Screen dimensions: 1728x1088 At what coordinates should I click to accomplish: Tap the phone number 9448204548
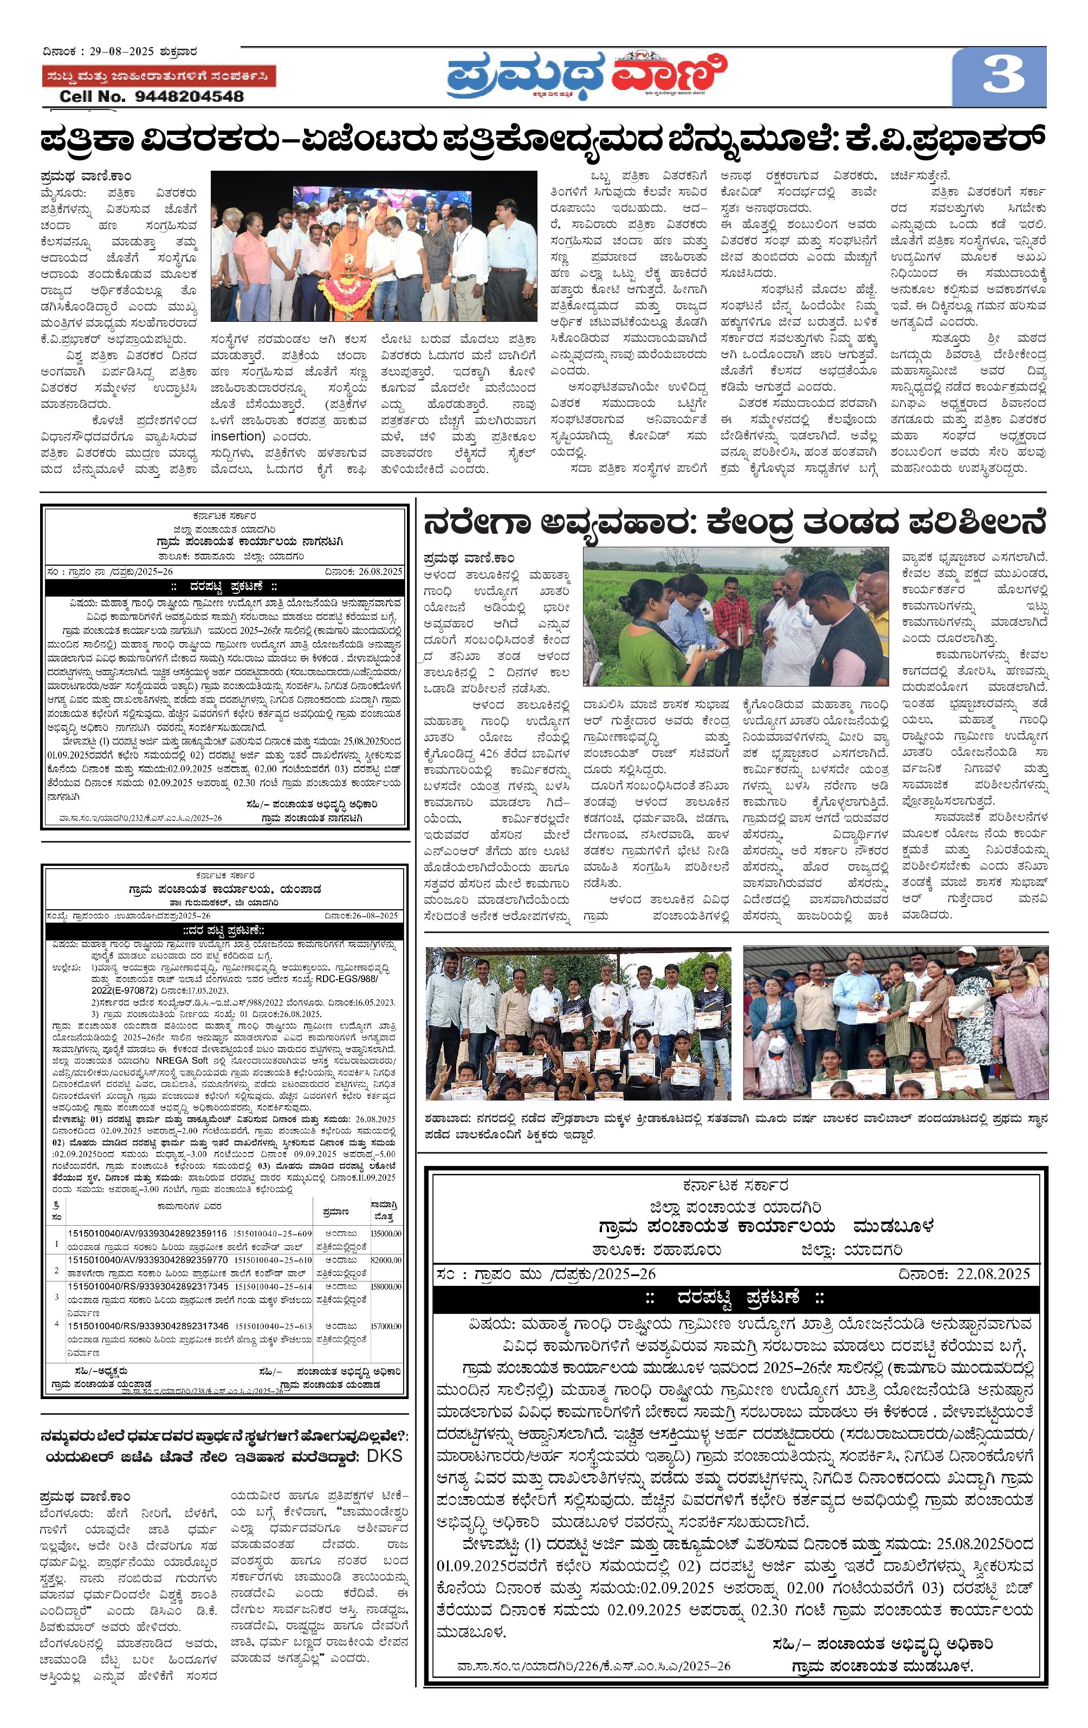(x=190, y=96)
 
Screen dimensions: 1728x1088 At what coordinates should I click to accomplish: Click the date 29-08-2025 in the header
(x=121, y=51)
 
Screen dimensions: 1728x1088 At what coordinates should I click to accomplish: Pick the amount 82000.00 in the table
(x=386, y=1259)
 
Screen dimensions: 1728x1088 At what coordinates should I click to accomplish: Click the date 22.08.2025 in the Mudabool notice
(x=993, y=1274)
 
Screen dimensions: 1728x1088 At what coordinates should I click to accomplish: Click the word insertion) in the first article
(x=237, y=436)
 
